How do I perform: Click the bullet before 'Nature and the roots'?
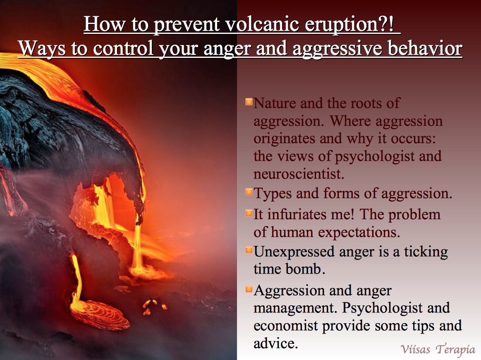[249, 102]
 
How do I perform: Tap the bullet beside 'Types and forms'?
[249, 192]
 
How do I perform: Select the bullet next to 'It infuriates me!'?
[249, 213]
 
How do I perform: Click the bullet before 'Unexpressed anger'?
[249, 250]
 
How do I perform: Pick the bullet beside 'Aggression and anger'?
[249, 289]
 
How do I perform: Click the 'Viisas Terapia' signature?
[438, 349]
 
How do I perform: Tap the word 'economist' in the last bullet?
[286, 326]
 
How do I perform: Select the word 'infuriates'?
[297, 214]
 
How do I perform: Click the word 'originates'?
[285, 139]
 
